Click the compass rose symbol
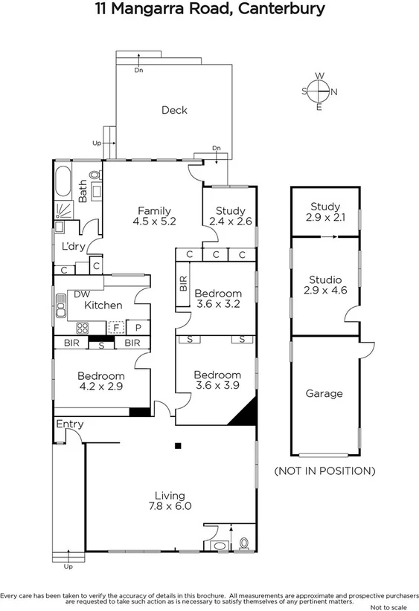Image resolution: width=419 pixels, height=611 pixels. pos(319,91)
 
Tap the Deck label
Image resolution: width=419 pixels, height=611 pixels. pos(174,111)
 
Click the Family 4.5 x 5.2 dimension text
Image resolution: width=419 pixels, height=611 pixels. pos(154,222)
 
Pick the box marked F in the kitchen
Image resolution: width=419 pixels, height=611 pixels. pos(115,327)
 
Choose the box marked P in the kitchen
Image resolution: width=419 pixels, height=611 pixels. pos(138,327)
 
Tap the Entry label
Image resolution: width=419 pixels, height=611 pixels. pos(70,424)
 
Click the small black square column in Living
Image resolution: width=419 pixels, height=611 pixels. pos(178,446)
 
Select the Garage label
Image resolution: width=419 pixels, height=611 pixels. pos(324,394)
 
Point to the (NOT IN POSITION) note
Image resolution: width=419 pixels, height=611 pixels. pos(324,471)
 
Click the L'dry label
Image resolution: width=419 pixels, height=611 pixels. pos(73,247)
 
